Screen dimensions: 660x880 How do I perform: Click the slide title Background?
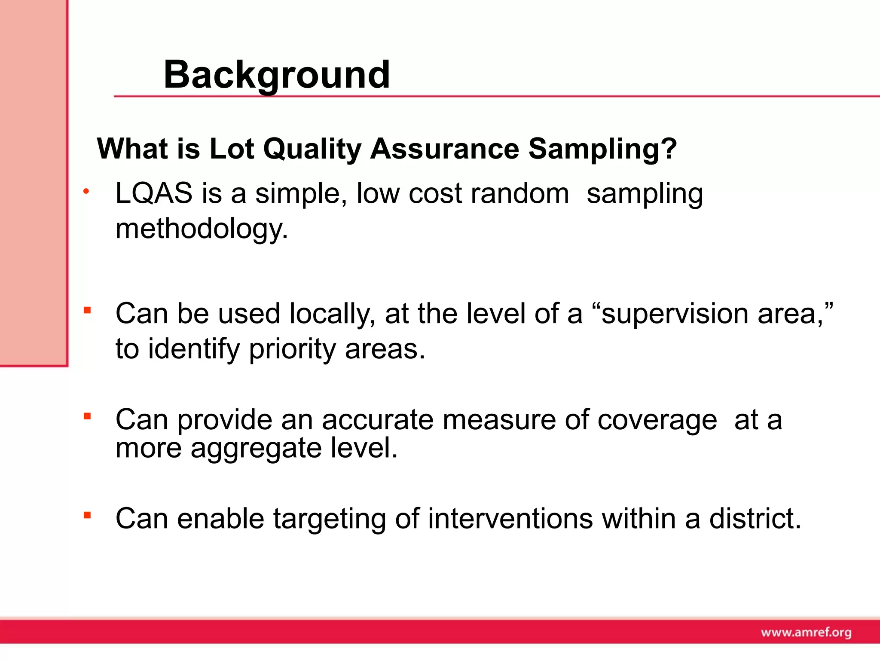(x=277, y=75)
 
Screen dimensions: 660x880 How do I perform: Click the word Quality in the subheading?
(x=312, y=150)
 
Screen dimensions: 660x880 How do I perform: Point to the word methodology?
(x=202, y=229)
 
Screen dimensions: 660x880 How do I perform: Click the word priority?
(x=292, y=348)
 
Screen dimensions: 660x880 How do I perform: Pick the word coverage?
(x=657, y=420)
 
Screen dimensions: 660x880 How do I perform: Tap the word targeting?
(x=329, y=519)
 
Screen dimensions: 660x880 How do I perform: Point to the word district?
(x=755, y=518)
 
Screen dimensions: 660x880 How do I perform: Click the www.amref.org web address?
(x=806, y=632)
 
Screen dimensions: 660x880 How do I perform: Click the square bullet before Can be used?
(x=87, y=310)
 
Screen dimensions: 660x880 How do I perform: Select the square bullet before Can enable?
(x=87, y=515)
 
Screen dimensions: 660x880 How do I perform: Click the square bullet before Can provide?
(x=87, y=416)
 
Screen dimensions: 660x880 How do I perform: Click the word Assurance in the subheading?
(x=445, y=149)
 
